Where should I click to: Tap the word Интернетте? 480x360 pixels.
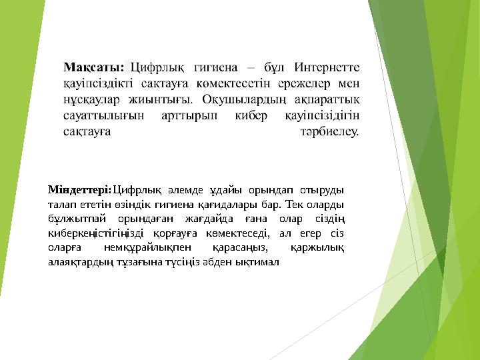coord(327,67)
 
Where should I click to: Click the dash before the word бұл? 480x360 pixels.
coord(249,67)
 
